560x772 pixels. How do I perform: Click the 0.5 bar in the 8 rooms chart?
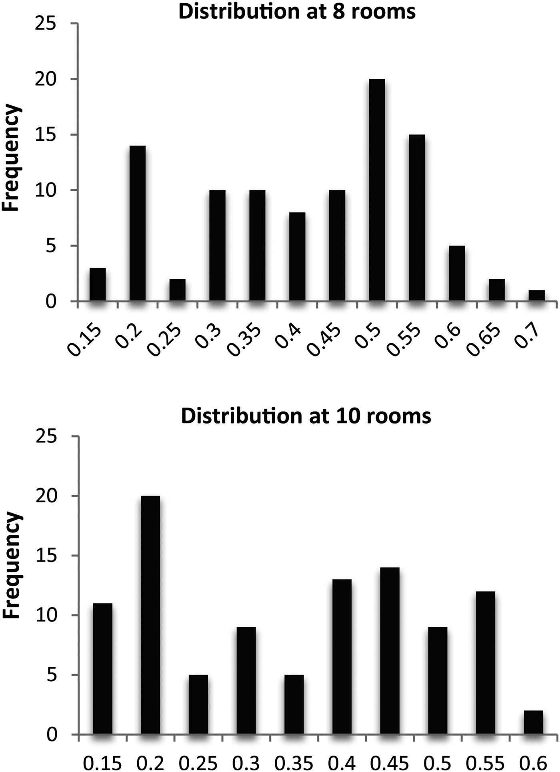point(377,190)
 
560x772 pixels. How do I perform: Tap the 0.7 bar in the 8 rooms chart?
point(536,296)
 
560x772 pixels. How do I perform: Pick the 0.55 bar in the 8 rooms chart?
point(417,218)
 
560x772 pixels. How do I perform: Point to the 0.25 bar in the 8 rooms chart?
point(177,290)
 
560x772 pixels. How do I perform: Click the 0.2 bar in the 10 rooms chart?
point(150,615)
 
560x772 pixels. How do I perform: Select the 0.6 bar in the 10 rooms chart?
point(533,723)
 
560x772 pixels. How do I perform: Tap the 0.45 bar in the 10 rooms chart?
point(390,651)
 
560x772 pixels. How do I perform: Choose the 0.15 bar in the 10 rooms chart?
point(102,669)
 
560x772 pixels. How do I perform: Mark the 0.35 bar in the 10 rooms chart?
point(294,705)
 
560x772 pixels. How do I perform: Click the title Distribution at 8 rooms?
point(297,11)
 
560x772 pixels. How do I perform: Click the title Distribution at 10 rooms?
point(306,416)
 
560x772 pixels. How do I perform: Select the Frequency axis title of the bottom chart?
point(11,565)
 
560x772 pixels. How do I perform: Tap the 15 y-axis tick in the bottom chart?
point(46,556)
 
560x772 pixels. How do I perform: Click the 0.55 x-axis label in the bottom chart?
point(485,763)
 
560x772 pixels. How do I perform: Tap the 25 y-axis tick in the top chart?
point(46,24)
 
